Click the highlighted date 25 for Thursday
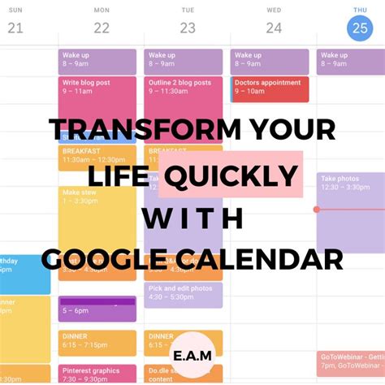coord(358,28)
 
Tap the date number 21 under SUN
coord(15,28)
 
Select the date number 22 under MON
coord(102,28)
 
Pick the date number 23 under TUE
coord(188,28)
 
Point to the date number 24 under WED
coord(274,28)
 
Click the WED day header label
coord(274,10)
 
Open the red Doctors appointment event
coord(270,89)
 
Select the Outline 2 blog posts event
coord(183,91)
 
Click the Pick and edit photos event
coord(183,294)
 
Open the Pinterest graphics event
coord(97,374)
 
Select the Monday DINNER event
coord(97,342)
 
